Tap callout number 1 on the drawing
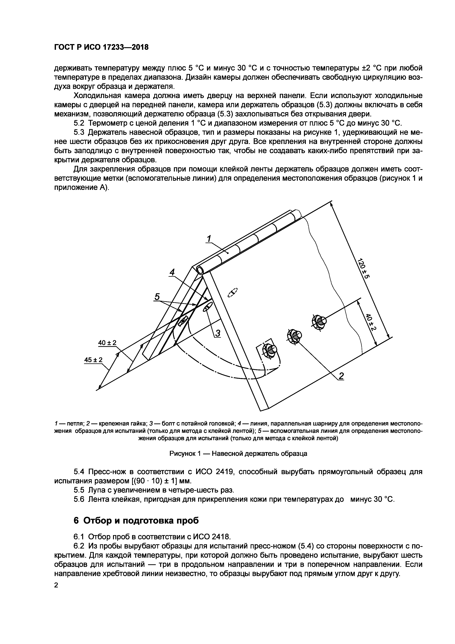(209, 239)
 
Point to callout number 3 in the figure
(218, 333)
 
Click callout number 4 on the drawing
(172, 272)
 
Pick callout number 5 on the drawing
(157, 297)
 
